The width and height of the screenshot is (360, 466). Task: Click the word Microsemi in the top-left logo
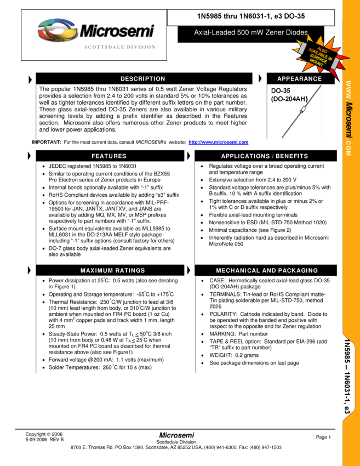(x=117, y=31)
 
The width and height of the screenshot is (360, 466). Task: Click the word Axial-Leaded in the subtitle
(x=215, y=33)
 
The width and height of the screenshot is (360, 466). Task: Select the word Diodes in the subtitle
(x=296, y=33)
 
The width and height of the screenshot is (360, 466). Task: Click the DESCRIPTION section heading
(x=142, y=79)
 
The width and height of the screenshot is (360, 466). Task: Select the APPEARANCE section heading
(x=299, y=79)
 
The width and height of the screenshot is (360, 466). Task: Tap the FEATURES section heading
(x=109, y=156)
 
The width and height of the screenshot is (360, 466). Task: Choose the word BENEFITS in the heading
(x=292, y=156)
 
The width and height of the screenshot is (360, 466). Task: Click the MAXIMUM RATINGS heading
(x=113, y=271)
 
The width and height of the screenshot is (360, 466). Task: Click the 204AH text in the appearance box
(x=294, y=99)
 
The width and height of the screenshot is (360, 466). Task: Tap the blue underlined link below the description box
(x=218, y=143)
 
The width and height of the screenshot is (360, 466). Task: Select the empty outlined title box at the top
(x=251, y=18)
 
